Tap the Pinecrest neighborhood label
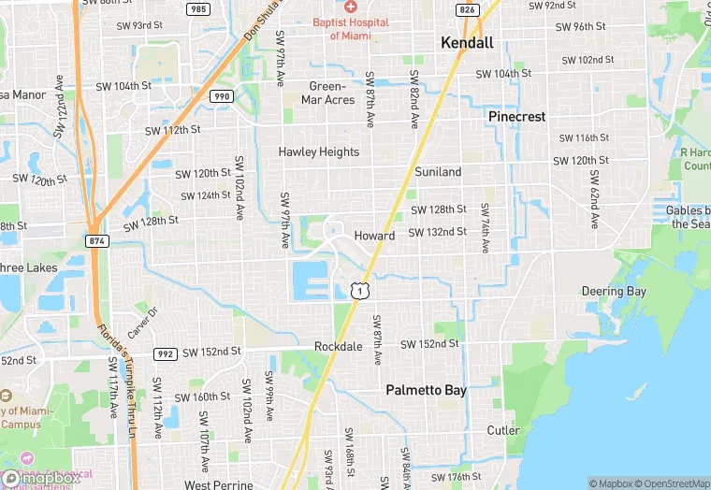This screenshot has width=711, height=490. [516, 116]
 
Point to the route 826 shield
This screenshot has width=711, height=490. [467, 9]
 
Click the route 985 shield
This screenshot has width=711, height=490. [197, 9]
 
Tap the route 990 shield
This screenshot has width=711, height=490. [221, 96]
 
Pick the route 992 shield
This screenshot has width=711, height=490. [166, 353]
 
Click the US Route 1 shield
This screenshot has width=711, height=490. [358, 292]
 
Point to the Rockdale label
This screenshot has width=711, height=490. [338, 346]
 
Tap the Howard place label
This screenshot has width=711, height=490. [374, 236]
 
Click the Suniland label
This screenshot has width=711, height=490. [438, 172]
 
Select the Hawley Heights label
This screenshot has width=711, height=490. [318, 151]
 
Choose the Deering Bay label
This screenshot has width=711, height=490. [614, 292]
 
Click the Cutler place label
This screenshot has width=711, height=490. [503, 430]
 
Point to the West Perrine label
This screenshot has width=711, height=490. [218, 484]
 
